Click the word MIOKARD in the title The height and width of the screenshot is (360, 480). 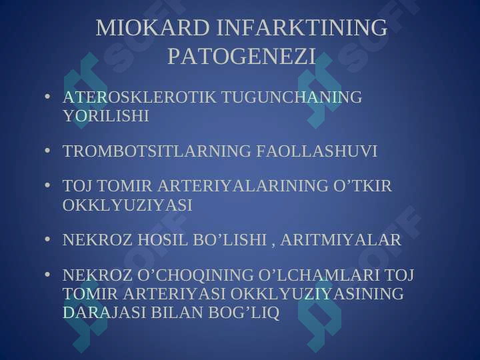click(x=153, y=27)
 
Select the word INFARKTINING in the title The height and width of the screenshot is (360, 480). click(x=302, y=27)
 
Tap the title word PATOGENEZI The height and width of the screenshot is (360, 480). click(x=241, y=56)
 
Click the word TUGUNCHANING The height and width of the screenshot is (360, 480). click(x=292, y=97)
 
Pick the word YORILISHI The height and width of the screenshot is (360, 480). click(x=106, y=116)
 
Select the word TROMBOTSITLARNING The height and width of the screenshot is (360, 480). click(x=157, y=151)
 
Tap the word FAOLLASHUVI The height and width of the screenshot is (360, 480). click(x=317, y=151)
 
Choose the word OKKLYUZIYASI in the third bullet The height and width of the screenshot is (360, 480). click(x=127, y=205)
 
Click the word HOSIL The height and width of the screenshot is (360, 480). click(x=162, y=240)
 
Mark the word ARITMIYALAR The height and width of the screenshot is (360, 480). click(x=341, y=240)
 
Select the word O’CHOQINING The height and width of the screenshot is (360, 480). click(x=195, y=275)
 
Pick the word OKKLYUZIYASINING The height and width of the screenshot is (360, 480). click(x=317, y=293)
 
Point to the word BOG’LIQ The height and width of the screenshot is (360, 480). click(x=244, y=313)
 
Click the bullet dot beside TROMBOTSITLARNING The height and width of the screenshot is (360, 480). click(x=47, y=151)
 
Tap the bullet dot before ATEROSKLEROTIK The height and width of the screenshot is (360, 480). click(x=47, y=97)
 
